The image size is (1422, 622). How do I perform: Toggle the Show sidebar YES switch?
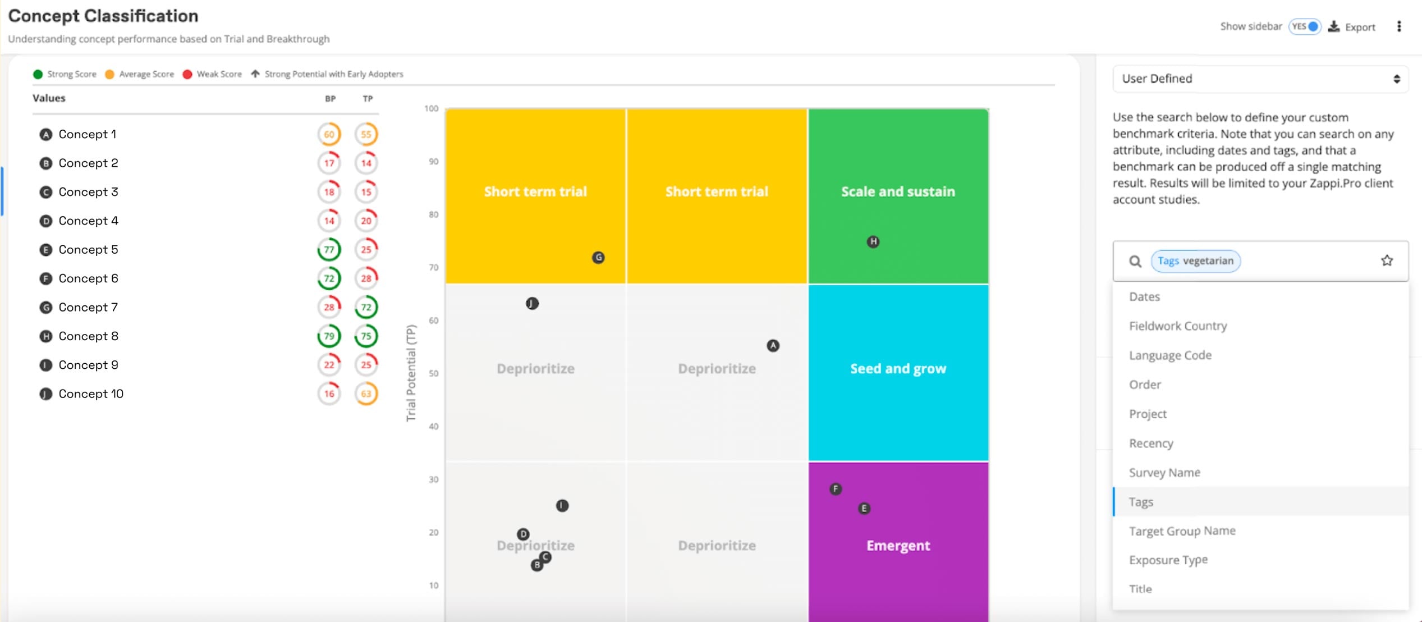tap(1305, 26)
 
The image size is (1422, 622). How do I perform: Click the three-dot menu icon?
tap(1399, 26)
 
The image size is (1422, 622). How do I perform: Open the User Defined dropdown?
tap(1260, 79)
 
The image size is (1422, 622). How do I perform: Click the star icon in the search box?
tap(1387, 260)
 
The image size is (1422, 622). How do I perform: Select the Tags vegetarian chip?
tap(1195, 261)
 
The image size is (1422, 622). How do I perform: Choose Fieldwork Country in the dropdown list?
tap(1178, 326)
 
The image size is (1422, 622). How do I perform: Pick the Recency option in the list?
tap(1151, 443)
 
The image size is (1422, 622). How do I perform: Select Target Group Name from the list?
tap(1182, 531)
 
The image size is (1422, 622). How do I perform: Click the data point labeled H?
tap(873, 241)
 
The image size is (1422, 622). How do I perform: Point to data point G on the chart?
tap(598, 258)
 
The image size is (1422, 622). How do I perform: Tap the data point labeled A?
tap(773, 346)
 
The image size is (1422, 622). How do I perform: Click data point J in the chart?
tap(532, 304)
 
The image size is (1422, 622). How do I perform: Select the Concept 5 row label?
tap(88, 250)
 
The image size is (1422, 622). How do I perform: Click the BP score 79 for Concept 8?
tap(329, 336)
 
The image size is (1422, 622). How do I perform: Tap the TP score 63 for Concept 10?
tap(366, 394)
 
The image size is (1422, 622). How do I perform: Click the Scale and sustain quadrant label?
tap(898, 192)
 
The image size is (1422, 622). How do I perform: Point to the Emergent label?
tap(898, 546)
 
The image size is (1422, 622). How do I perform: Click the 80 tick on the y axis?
tap(433, 214)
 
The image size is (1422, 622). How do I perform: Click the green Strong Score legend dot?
tap(38, 74)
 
